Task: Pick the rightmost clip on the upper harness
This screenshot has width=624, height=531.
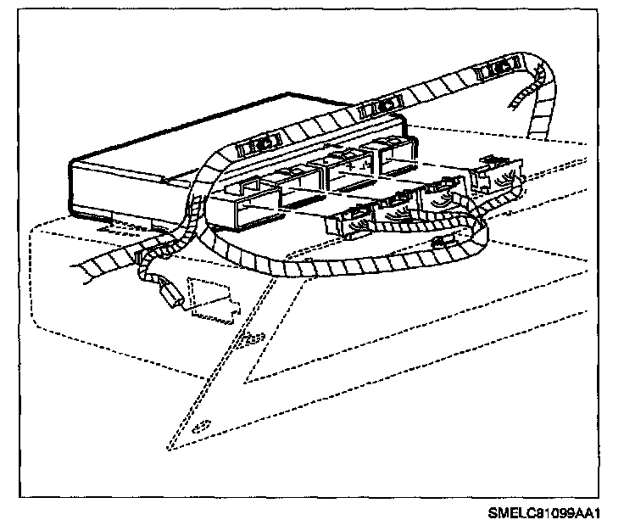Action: pyautogui.click(x=498, y=68)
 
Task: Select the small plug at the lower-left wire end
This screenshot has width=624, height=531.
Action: pyautogui.click(x=172, y=297)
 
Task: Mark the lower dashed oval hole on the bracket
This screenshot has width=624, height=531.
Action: pyautogui.click(x=203, y=426)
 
